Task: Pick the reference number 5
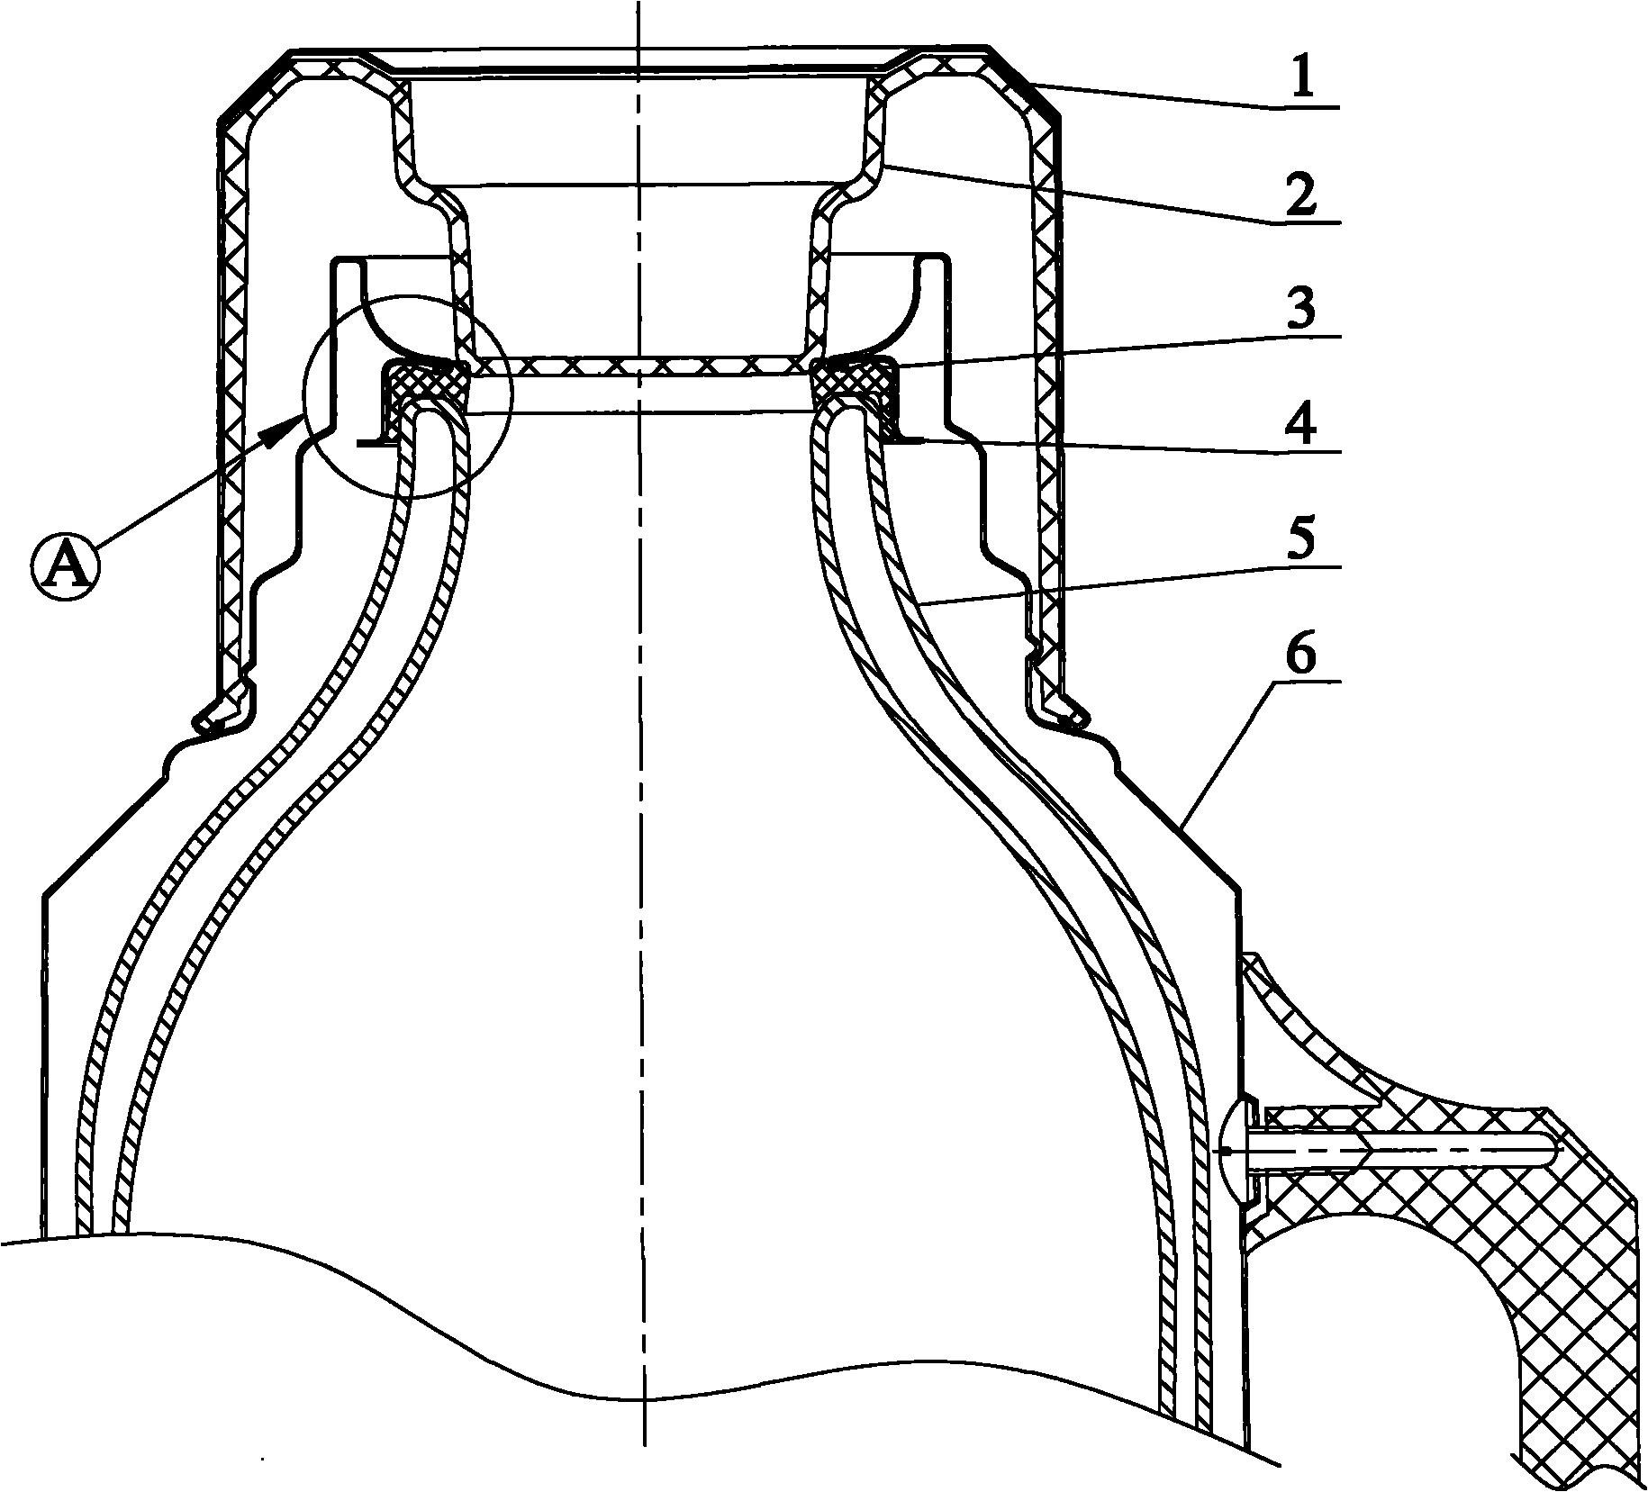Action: click(x=1301, y=538)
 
